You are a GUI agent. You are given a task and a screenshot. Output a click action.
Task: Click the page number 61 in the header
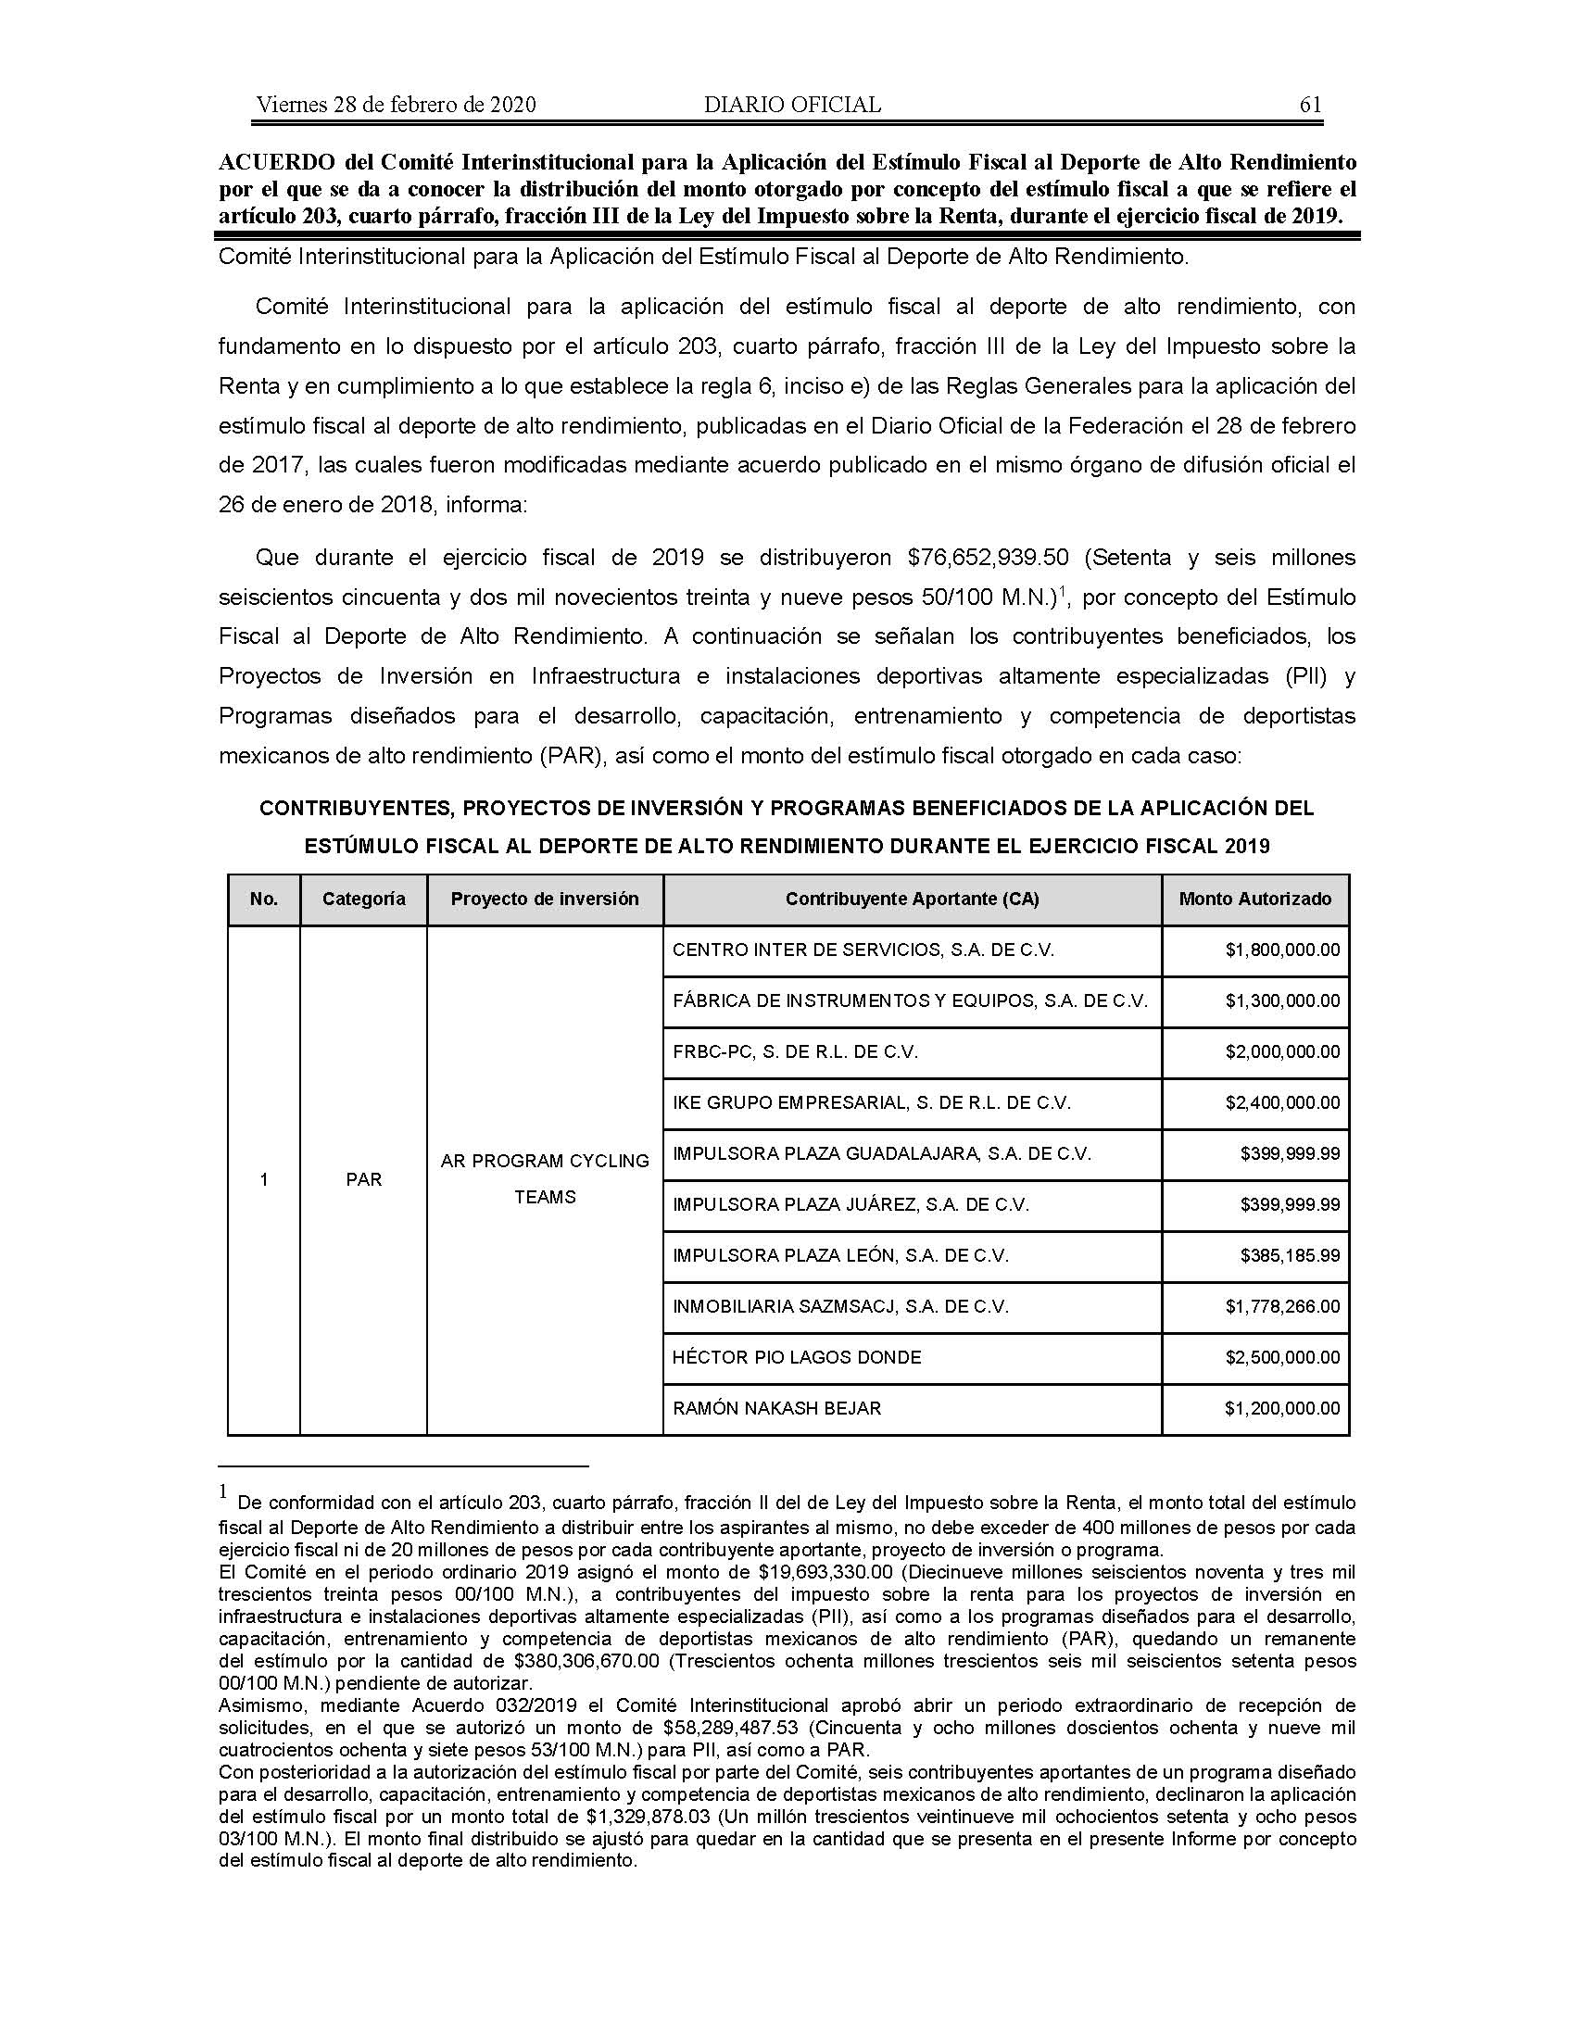tap(1310, 105)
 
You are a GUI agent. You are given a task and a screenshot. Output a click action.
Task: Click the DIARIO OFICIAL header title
tap(792, 105)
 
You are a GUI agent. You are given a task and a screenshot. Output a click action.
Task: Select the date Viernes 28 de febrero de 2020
tap(396, 105)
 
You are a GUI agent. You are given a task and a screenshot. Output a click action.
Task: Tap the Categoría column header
tap(364, 899)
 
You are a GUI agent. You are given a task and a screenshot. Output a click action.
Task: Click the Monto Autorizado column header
tap(1255, 899)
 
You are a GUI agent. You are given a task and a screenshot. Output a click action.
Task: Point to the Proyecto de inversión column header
tap(545, 899)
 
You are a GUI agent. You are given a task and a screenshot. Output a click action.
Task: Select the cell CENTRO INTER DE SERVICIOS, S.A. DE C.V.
tap(863, 950)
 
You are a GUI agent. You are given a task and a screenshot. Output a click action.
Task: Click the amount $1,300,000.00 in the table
tap(1282, 1000)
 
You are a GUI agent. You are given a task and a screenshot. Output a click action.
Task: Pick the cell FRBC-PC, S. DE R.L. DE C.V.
tap(795, 1051)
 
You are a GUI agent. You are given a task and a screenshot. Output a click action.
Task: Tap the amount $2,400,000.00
tap(1282, 1102)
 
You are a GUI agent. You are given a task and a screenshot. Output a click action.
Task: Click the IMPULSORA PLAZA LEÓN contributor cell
tap(839, 1255)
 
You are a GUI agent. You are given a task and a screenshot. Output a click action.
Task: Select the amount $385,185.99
tap(1290, 1255)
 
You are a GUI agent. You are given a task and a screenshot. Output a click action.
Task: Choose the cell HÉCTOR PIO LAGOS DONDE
tap(796, 1357)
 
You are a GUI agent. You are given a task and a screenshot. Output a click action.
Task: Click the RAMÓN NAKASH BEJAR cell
tap(776, 1408)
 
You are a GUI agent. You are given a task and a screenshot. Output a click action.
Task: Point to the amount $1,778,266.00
tap(1282, 1306)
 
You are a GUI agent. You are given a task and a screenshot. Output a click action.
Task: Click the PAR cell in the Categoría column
tap(364, 1179)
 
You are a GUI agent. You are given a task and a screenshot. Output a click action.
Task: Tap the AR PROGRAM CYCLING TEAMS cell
tap(545, 1178)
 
